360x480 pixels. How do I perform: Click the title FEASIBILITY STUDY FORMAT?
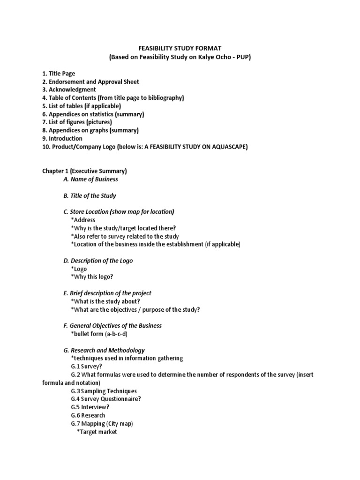180,48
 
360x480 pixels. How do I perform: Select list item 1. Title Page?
59,74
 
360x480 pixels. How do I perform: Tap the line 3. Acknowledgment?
69,90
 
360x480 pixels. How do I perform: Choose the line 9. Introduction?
62,139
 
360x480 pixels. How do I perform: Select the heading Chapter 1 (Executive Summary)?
85,171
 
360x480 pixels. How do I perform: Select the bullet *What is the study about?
105,301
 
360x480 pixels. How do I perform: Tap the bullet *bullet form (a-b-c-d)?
99,334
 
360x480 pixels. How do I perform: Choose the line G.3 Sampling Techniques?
104,391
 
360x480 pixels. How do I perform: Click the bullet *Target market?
97,432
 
